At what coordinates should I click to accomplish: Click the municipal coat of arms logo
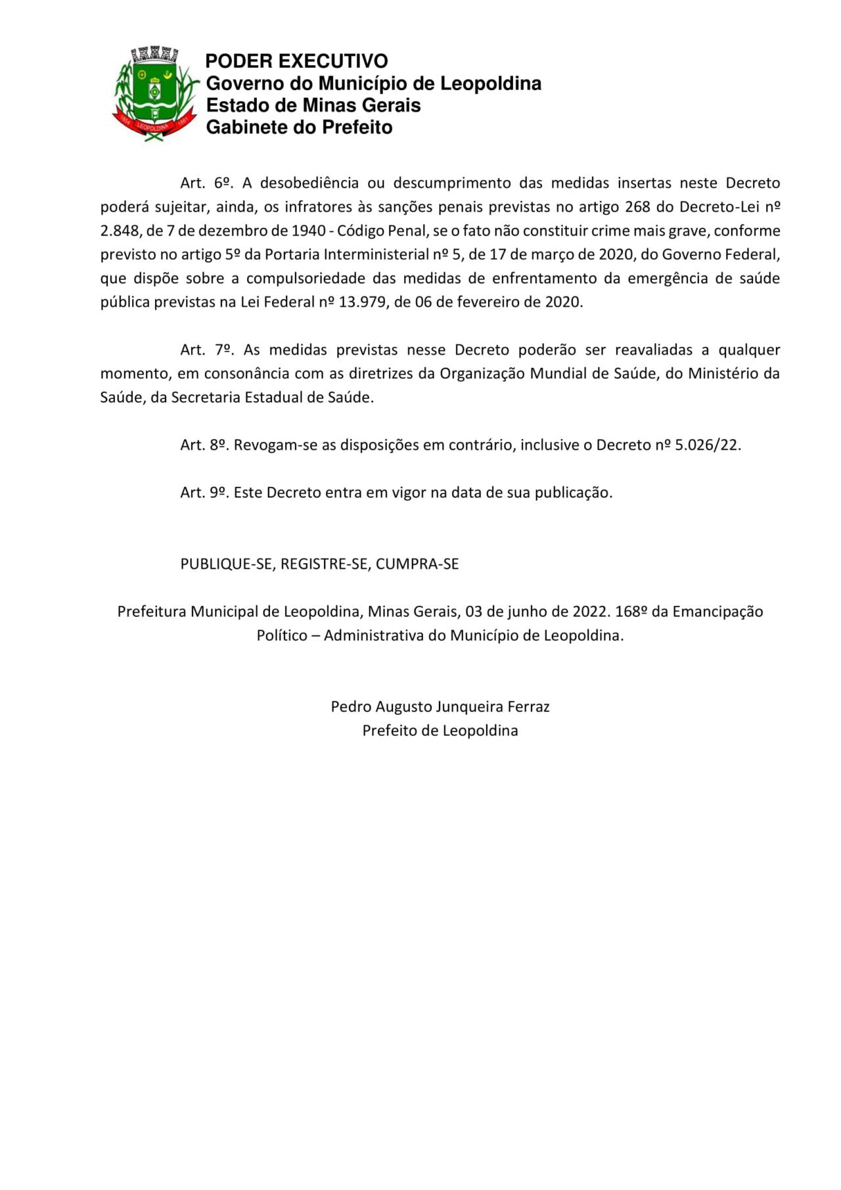(x=156, y=93)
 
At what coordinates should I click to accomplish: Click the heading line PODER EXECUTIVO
(x=296, y=61)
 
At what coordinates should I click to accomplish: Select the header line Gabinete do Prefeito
(x=299, y=127)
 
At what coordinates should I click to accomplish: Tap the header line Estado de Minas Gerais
(x=313, y=105)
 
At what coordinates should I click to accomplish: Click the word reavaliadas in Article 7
(x=653, y=350)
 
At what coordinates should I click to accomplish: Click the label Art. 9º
(x=204, y=492)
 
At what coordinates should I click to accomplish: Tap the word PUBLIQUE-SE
(x=226, y=564)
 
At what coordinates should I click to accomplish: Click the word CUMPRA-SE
(x=417, y=564)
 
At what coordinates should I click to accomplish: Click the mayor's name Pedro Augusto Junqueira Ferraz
(x=440, y=707)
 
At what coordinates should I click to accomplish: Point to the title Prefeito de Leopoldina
(x=440, y=731)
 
